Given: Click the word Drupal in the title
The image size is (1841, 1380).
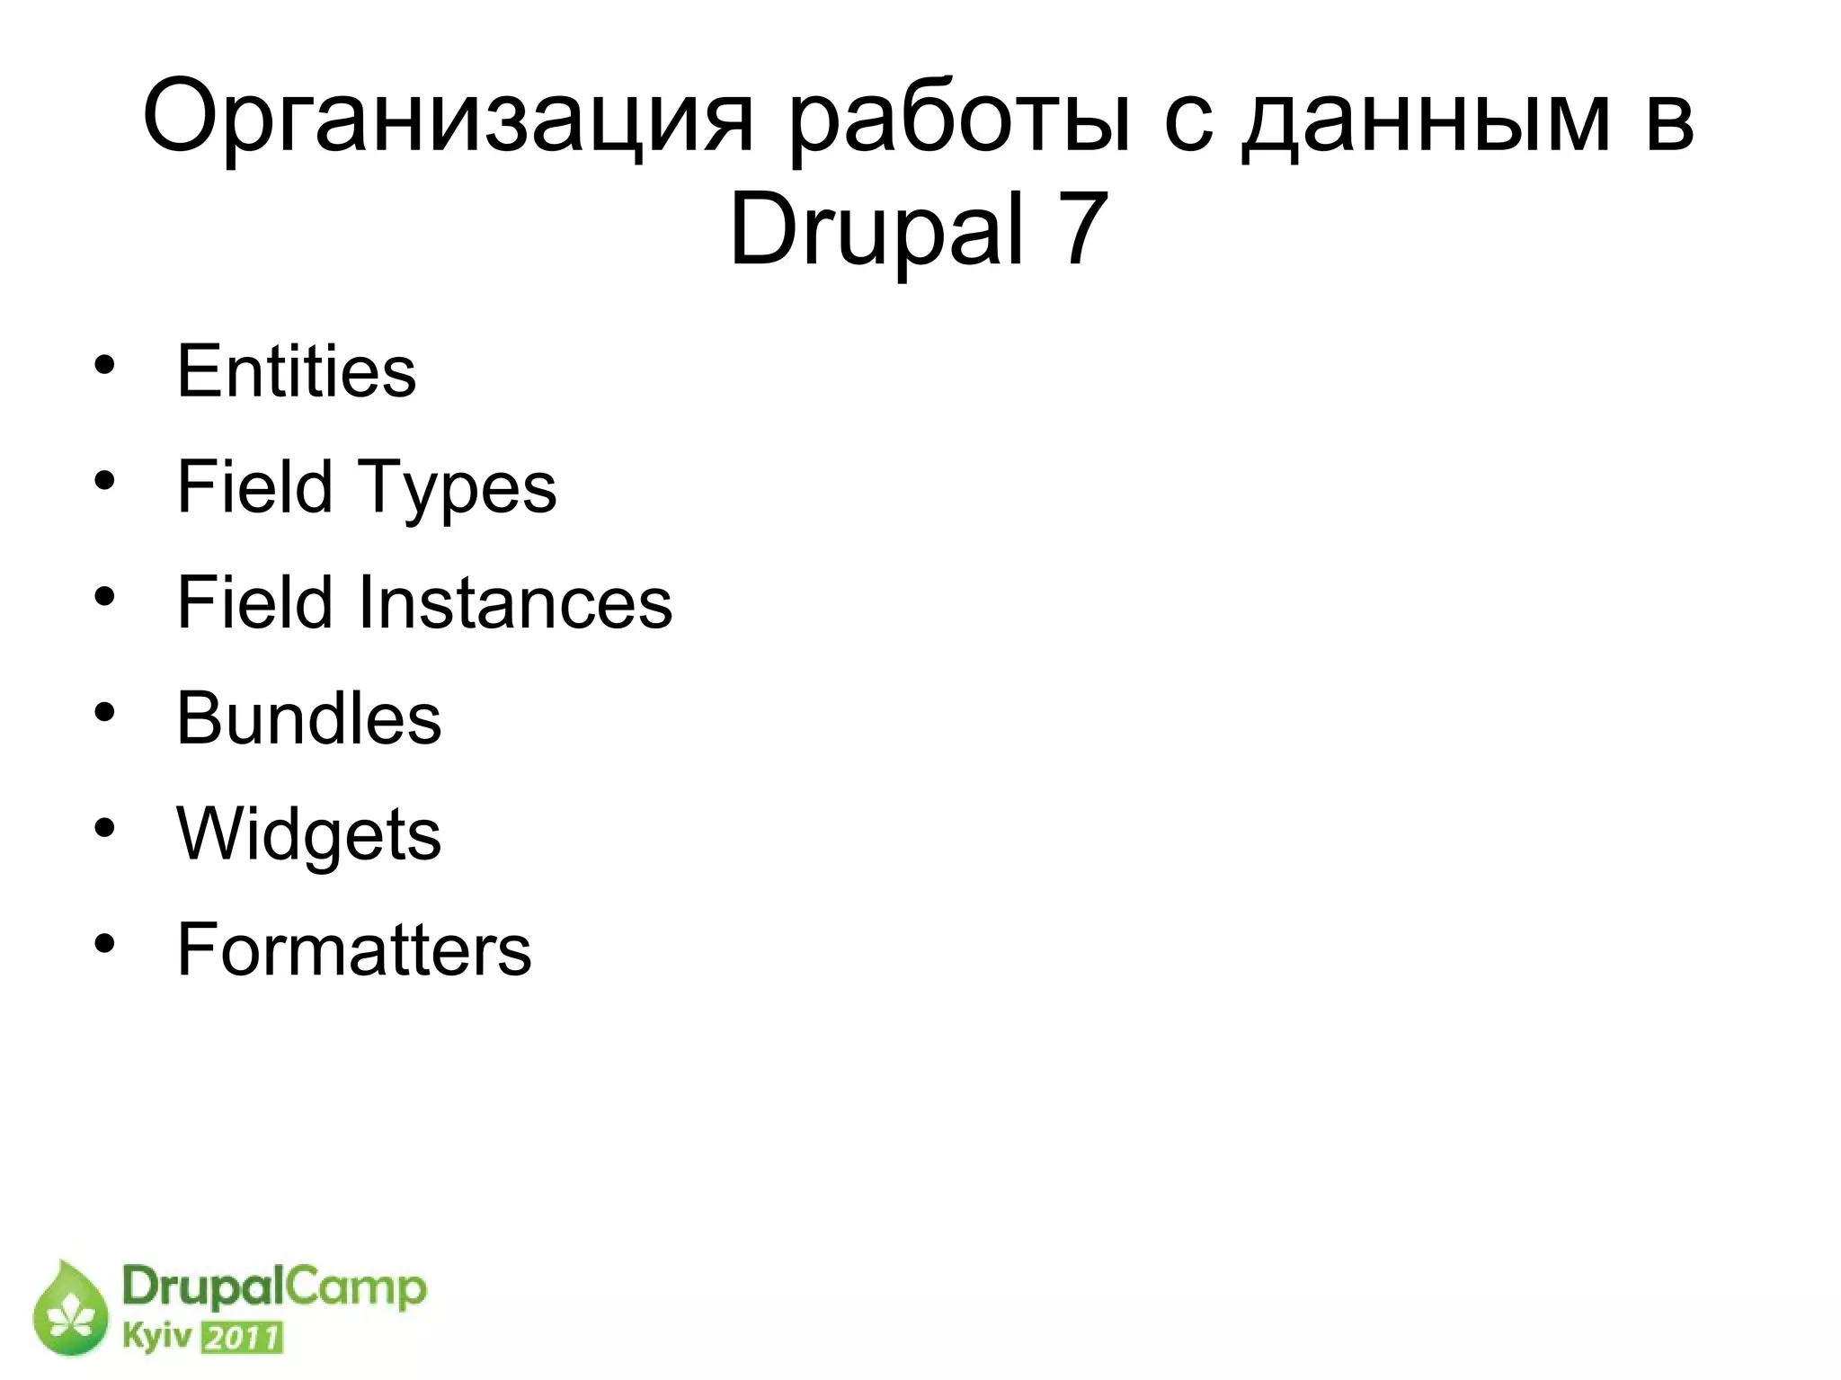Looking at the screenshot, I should [x=876, y=232].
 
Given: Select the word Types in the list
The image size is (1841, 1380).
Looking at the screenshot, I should [x=458, y=488].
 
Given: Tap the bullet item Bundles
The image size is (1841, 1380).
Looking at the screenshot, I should [x=308, y=718].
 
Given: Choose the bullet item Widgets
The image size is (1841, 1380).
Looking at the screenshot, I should [x=308, y=835].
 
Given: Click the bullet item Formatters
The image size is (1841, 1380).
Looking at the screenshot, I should [x=353, y=949].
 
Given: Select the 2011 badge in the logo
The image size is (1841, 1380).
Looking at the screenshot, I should [x=241, y=1339].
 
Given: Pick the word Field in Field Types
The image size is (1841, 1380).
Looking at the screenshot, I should [x=253, y=486].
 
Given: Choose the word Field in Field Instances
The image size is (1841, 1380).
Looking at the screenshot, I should [x=253, y=602].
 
